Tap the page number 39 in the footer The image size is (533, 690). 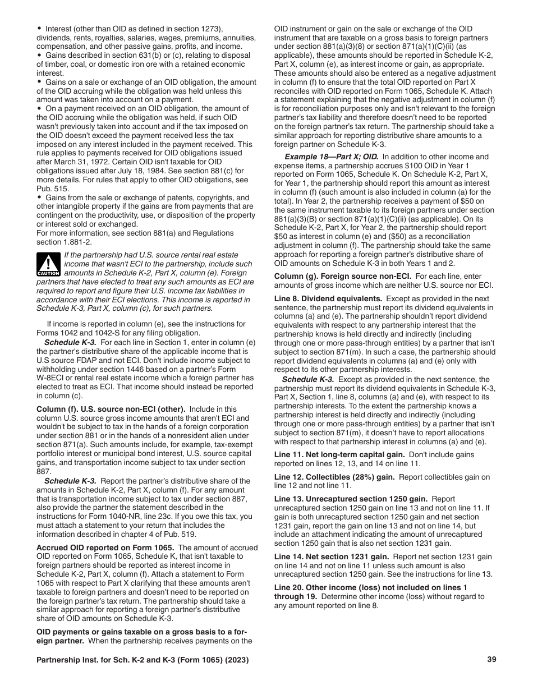coord(491,660)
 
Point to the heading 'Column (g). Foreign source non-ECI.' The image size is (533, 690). coord(342,275)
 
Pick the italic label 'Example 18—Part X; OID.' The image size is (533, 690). coord(331,157)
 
